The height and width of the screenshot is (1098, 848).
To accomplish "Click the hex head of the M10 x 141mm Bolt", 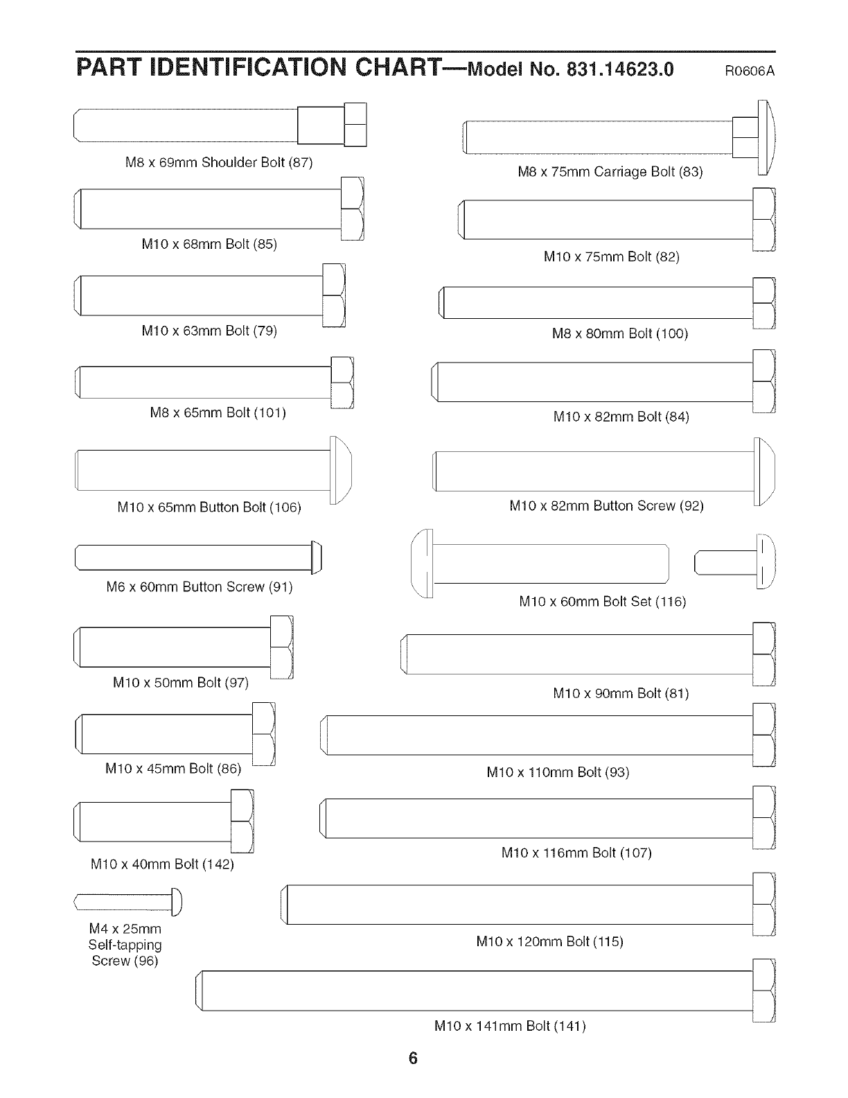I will (x=763, y=991).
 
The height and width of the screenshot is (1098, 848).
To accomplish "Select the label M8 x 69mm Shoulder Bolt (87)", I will (x=218, y=163).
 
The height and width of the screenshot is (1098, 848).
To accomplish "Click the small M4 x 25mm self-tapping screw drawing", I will (x=128, y=901).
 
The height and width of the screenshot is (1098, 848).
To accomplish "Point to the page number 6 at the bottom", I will (x=413, y=1058).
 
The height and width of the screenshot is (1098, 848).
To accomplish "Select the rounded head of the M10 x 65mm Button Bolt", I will (x=340, y=471).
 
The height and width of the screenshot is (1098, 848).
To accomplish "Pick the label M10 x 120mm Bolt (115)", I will (x=549, y=941).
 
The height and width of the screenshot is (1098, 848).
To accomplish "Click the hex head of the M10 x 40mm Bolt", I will (x=242, y=821).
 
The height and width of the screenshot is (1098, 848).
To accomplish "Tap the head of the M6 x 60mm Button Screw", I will (x=317, y=557).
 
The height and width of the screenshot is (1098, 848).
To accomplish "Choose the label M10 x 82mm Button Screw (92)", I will (x=606, y=506).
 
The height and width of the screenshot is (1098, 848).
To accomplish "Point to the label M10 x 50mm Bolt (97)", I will (x=180, y=682).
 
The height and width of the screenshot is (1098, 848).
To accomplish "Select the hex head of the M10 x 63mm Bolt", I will (x=334, y=295).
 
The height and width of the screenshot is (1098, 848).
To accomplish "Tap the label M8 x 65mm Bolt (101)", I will (x=218, y=413).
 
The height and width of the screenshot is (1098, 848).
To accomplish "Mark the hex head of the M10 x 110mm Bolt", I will (x=763, y=735).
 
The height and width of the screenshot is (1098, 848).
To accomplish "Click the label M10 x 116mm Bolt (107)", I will (x=576, y=853).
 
